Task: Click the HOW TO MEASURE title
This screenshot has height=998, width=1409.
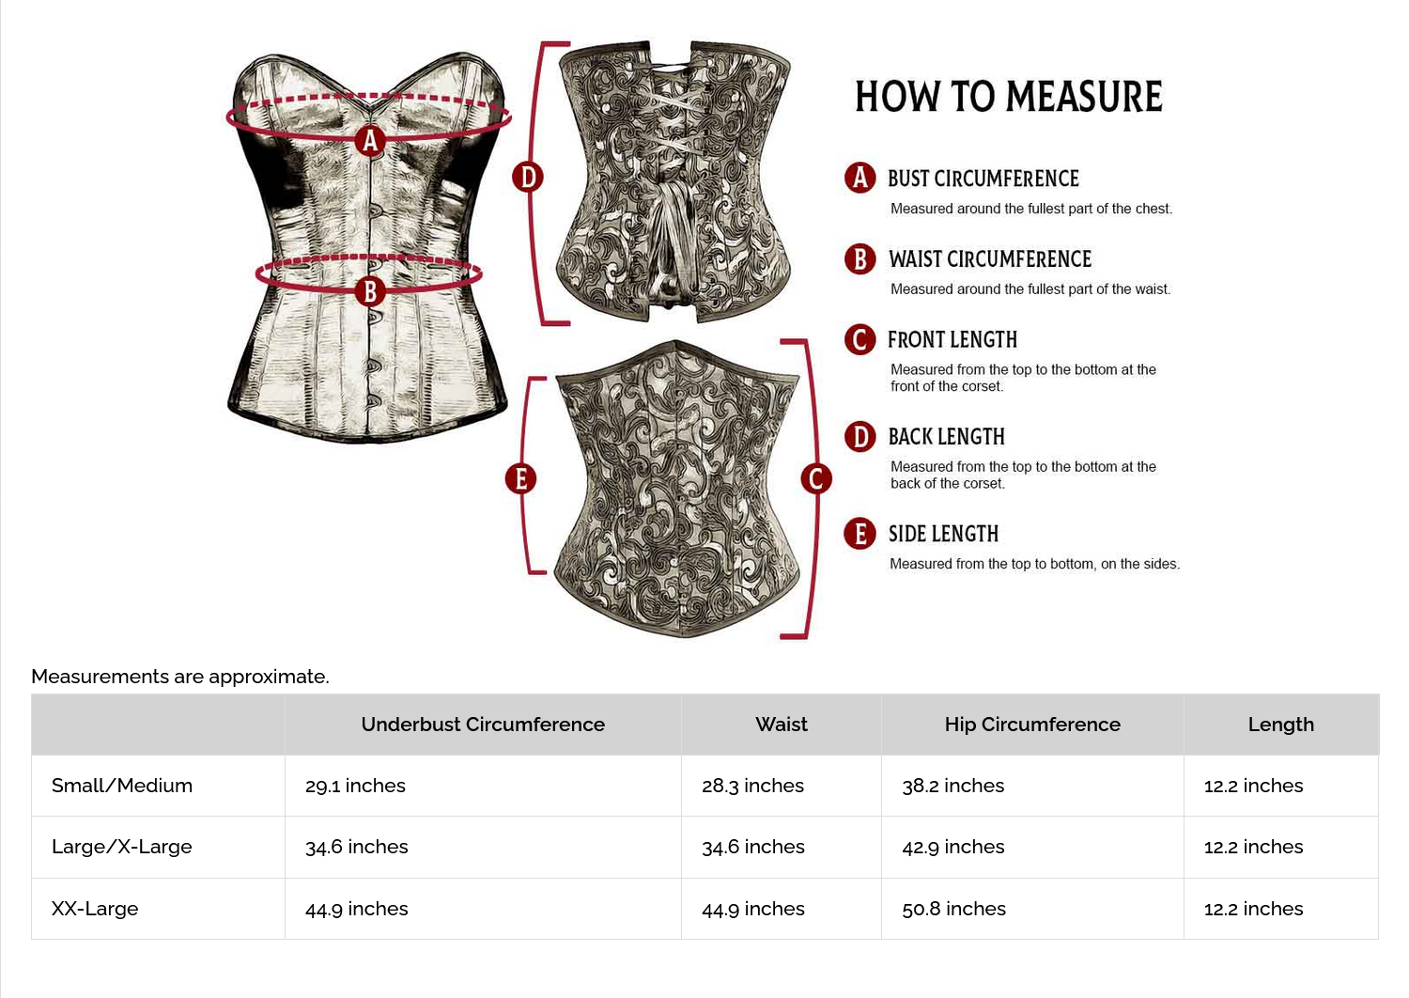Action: [1008, 97]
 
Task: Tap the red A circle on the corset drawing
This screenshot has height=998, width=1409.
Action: [370, 141]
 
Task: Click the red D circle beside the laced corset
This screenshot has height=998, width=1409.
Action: [528, 177]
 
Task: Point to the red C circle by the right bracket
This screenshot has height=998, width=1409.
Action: [815, 478]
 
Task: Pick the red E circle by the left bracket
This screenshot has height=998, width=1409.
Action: [520, 478]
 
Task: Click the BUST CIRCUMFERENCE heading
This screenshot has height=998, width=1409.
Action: [983, 179]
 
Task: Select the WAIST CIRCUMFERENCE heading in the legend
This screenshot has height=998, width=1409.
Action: [990, 259]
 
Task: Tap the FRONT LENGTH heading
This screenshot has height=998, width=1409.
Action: [952, 340]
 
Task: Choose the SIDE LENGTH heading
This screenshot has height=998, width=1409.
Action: [943, 534]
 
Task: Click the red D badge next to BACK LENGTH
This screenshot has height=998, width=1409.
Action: [859, 437]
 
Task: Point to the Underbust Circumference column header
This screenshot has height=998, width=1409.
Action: [483, 725]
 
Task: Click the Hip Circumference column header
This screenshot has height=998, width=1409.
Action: [1032, 725]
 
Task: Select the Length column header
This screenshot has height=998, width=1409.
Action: [1280, 725]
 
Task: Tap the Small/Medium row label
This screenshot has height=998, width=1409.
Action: [122, 786]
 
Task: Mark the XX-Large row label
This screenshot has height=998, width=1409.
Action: [95, 909]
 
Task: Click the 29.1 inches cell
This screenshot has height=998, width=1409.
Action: [355, 786]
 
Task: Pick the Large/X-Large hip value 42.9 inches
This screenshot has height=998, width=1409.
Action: [952, 847]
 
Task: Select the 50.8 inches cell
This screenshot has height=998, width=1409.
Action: [953, 909]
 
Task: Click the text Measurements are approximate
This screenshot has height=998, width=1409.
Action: [180, 677]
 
